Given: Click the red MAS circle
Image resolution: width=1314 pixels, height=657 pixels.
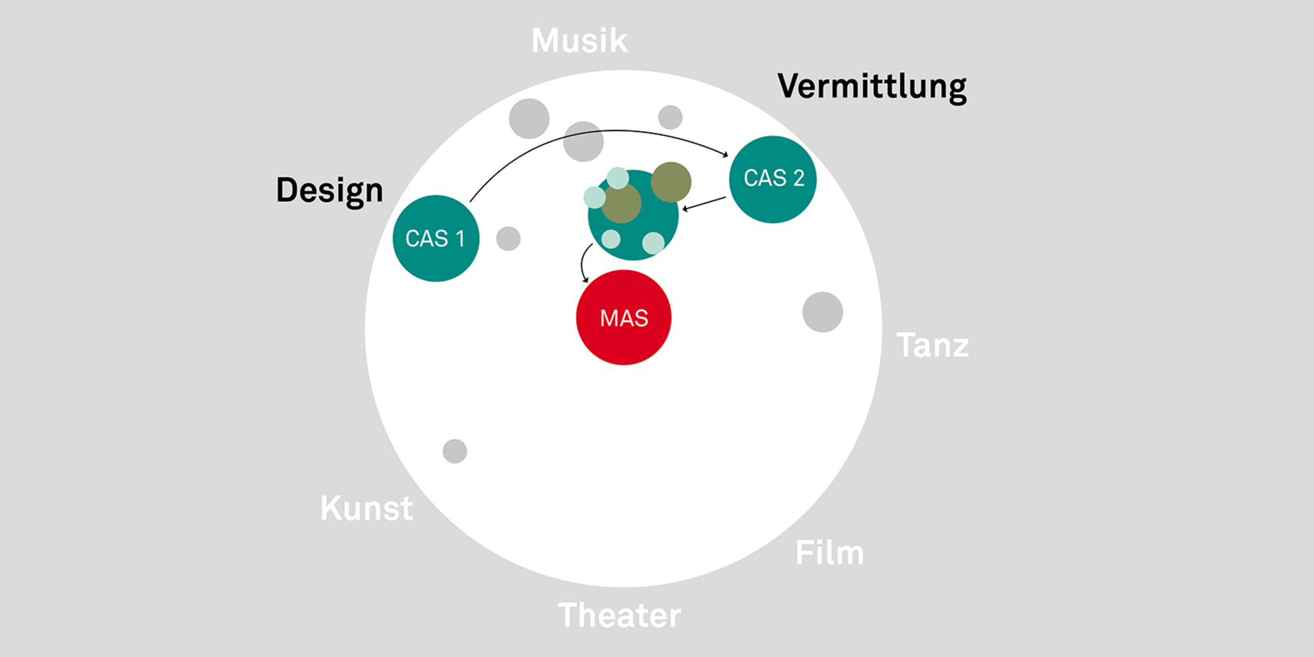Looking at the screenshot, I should point(623,318).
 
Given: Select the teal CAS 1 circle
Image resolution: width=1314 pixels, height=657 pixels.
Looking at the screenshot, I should point(436,238).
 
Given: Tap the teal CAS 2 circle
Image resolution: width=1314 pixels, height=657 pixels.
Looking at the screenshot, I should point(773,179).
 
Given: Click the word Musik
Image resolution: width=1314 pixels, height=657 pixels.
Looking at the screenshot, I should point(579,40).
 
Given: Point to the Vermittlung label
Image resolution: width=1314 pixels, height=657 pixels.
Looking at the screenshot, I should point(872,87).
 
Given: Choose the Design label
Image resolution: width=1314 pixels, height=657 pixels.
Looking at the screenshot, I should point(329,190).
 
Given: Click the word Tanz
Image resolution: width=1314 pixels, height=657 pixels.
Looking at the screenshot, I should point(932,345).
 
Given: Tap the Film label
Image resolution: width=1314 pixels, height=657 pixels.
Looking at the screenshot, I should point(829,553).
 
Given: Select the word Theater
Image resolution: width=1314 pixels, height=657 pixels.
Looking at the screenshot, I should point(619,615).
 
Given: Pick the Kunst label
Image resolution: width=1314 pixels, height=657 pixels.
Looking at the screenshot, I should point(367,508).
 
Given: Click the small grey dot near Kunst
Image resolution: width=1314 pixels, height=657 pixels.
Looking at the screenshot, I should point(454,451).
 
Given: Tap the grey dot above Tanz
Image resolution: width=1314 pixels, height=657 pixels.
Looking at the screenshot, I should point(822,312).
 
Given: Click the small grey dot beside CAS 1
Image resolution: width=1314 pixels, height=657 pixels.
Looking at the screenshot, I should point(508,238).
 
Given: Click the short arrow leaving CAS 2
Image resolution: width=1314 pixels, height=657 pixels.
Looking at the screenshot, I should point(704,203).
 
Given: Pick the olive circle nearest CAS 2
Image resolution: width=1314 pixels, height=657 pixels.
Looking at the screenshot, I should point(671,181).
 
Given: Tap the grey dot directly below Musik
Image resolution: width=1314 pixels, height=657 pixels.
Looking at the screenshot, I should point(583,142).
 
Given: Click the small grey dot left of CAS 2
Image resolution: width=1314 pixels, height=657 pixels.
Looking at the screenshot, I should point(670,117).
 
